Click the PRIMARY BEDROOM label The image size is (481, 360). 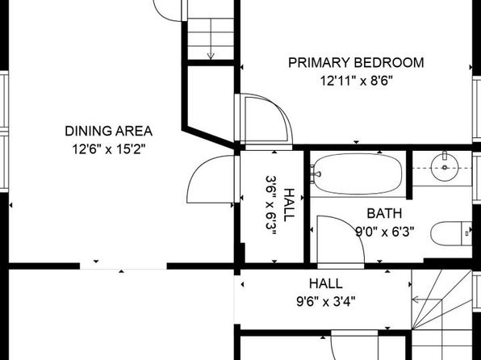click(356, 63)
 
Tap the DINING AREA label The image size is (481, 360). click(109, 131)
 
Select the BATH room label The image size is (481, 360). click(384, 213)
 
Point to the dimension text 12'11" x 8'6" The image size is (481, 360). click(357, 81)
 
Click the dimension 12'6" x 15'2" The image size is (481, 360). click(109, 149)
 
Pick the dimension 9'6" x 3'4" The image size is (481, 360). click(326, 302)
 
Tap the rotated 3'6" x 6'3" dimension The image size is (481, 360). click(271, 205)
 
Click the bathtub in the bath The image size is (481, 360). click(356, 174)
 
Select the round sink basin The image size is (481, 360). click(445, 167)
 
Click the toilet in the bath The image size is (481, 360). click(451, 233)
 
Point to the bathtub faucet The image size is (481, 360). click(315, 174)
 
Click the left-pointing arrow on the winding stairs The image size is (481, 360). click(427, 299)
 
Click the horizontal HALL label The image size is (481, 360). click(326, 283)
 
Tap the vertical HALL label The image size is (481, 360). click(289, 205)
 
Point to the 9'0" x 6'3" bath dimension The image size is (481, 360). click(385, 232)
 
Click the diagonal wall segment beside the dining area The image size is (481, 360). click(209, 137)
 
